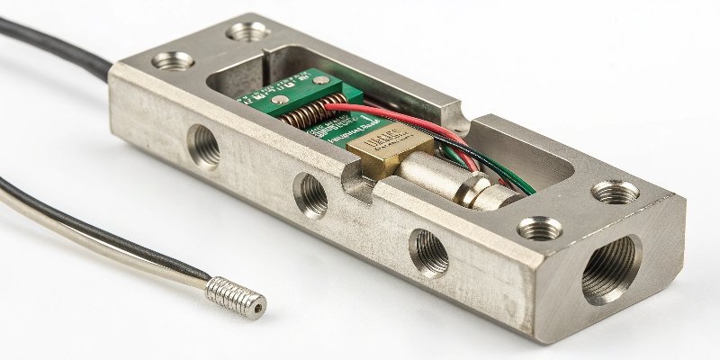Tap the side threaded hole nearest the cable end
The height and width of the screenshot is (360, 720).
pyautogui.click(x=203, y=146)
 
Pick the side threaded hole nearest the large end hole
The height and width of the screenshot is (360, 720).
pyautogui.click(x=429, y=251)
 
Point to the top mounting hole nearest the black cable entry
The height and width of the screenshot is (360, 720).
pyautogui.click(x=173, y=61)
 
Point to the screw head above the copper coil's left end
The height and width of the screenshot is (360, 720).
pyautogui.click(x=280, y=99)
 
